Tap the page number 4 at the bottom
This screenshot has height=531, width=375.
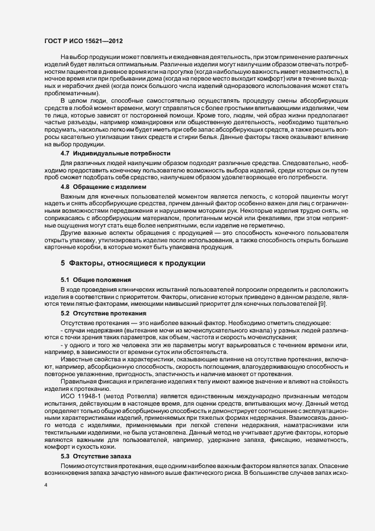[x=46, y=486]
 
